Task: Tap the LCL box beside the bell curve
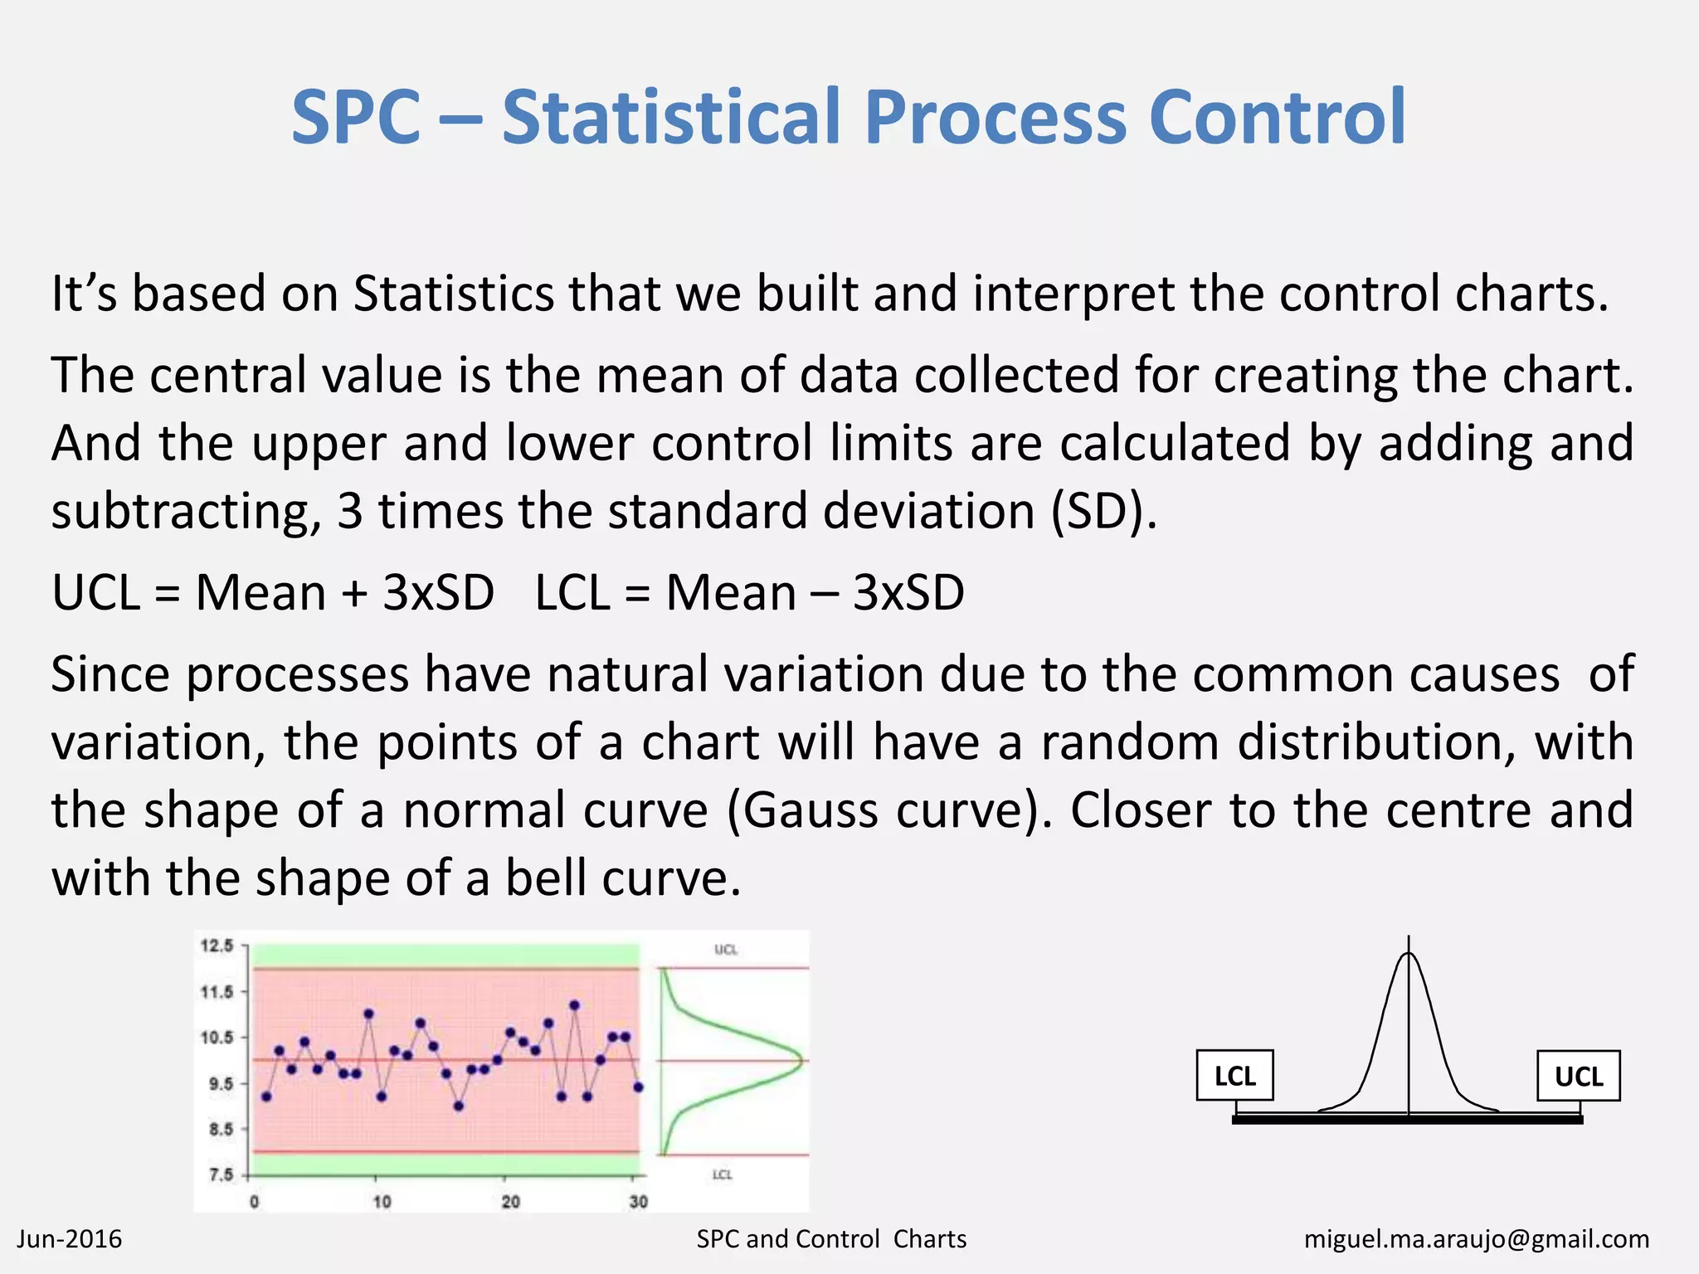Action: pyautogui.click(x=1234, y=1076)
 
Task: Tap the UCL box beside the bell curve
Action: pyautogui.click(x=1578, y=1076)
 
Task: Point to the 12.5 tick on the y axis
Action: pyautogui.click(x=217, y=946)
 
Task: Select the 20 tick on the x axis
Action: pyautogui.click(x=510, y=1201)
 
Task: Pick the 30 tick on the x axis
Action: pyautogui.click(x=638, y=1201)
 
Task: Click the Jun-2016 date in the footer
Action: pyautogui.click(x=70, y=1239)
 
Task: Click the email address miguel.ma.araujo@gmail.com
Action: pyautogui.click(x=1476, y=1239)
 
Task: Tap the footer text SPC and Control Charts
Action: pyautogui.click(x=831, y=1239)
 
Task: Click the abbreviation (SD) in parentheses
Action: pyautogui.click(x=1103, y=512)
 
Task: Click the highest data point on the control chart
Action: pyautogui.click(x=574, y=1005)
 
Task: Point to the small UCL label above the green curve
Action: pyautogui.click(x=725, y=950)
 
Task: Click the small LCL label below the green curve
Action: pyautogui.click(x=722, y=1174)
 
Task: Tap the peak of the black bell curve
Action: pyautogui.click(x=1409, y=955)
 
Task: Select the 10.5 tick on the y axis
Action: pyautogui.click(x=217, y=1037)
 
